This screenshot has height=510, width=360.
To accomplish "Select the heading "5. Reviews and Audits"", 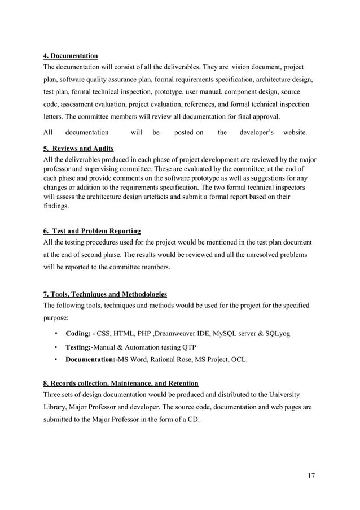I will (x=78, y=149).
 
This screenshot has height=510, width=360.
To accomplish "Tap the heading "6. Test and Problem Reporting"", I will (x=92, y=230).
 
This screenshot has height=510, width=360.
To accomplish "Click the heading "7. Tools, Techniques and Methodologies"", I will (x=105, y=294).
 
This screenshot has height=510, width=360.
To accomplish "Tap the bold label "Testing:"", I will (x=79, y=346).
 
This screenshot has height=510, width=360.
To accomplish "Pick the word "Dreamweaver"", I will (x=177, y=333).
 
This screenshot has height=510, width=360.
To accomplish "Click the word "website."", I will (x=295, y=133).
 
